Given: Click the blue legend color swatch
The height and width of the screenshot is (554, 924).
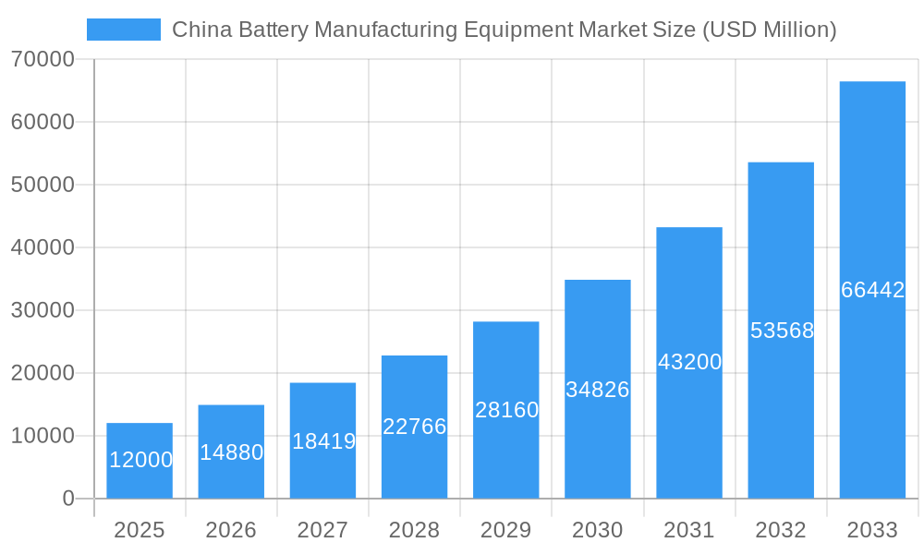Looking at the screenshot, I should point(123,30).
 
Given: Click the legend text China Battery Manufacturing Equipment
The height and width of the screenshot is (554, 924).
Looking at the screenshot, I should point(504,30).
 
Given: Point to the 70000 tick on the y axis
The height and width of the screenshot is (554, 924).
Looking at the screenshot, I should point(43,59).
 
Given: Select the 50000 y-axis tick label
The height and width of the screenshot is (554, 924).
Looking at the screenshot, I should point(43,185).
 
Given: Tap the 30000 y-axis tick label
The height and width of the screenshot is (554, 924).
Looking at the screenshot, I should point(43,310).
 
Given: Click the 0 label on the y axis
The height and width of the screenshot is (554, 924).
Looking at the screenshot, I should point(68,499).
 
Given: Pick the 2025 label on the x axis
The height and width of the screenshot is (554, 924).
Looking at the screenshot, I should point(140,530).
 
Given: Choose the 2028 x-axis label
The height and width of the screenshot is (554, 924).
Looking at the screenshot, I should point(414,530).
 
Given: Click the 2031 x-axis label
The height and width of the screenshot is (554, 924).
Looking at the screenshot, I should point(689,530).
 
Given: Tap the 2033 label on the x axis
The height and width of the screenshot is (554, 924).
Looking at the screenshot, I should point(872,530).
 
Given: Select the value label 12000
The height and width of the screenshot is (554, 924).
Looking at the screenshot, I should point(140,460).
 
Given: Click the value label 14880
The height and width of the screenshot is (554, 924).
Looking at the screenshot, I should point(231,452).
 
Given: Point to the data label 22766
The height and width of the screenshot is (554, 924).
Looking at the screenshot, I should point(414,427).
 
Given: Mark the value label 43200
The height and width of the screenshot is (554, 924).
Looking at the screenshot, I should point(689,362).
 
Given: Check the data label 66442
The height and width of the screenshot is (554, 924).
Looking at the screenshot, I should point(872,290).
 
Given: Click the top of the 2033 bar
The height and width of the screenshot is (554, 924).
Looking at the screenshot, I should point(872,82).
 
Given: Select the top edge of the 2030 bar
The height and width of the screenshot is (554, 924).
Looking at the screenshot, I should point(598,281).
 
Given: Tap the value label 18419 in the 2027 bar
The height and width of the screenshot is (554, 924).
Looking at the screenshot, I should point(323,441).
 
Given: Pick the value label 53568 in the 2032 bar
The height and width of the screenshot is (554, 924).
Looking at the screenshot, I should point(782,331).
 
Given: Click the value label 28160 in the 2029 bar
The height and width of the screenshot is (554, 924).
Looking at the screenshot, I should point(506,410).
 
